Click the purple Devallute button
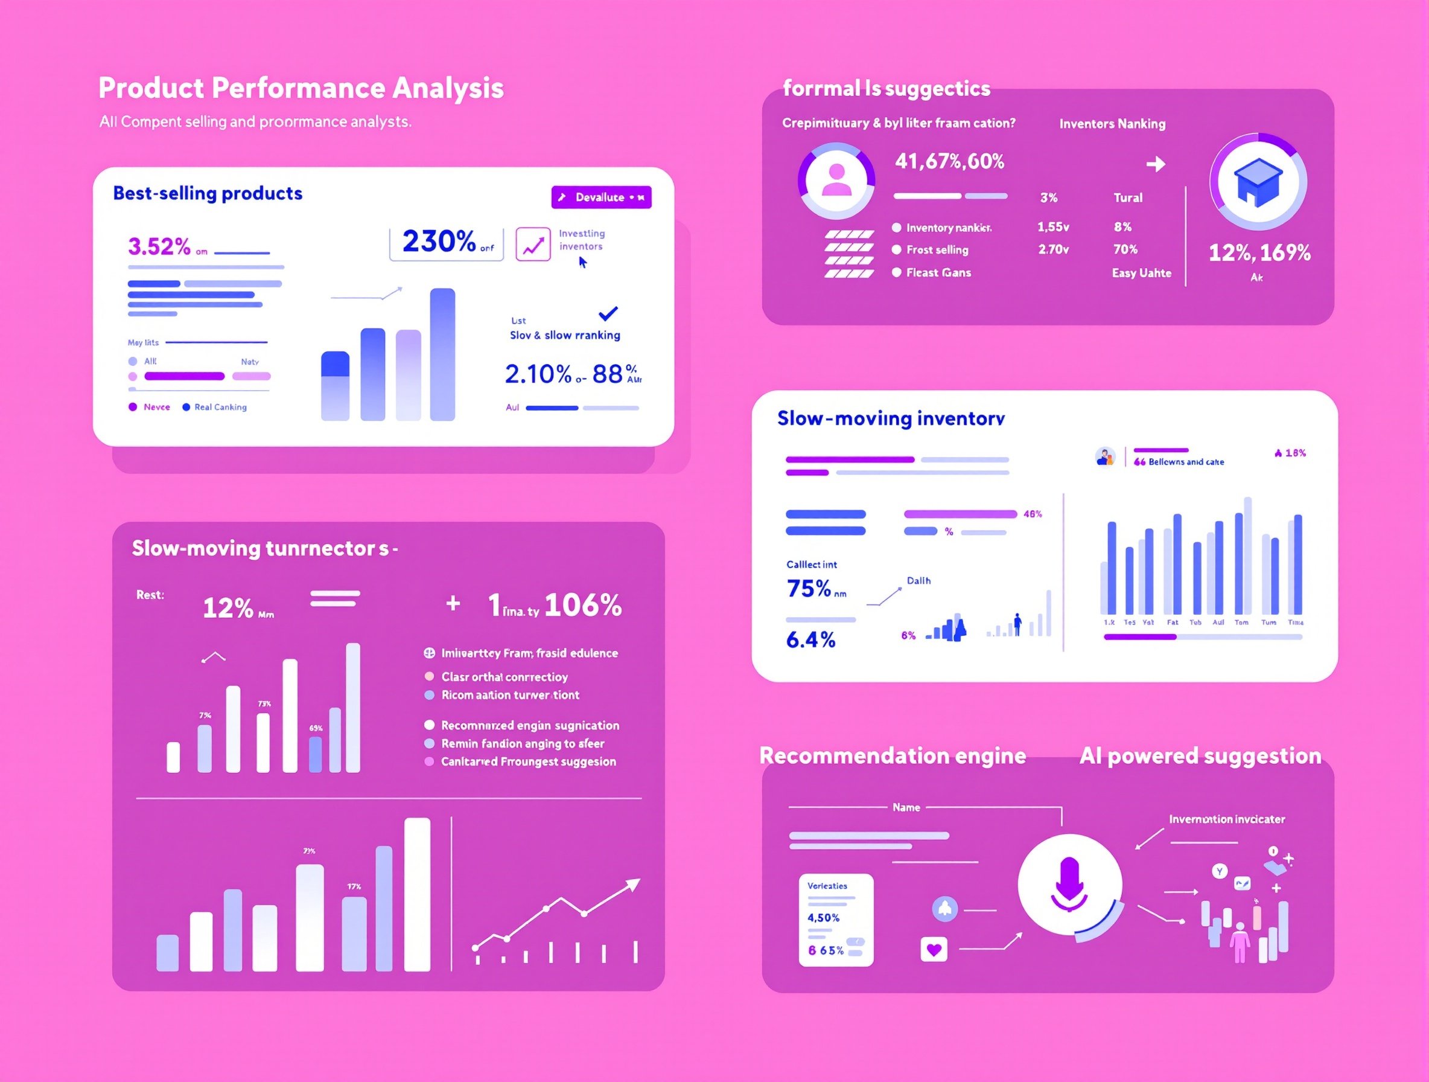[601, 197]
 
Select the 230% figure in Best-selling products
[439, 242]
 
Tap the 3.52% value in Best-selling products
[159, 246]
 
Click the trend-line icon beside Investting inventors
[533, 245]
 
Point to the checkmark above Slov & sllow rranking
[608, 313]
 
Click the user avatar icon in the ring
[836, 181]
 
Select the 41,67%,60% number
[949, 162]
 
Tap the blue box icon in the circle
[1258, 182]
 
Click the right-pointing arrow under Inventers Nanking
[1156, 164]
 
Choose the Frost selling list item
[937, 250]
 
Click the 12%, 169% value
[1259, 253]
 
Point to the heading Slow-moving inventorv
[891, 418]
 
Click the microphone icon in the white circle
[1070, 883]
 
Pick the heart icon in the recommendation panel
[934, 950]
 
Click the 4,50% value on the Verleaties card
[823, 918]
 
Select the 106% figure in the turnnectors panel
[583, 606]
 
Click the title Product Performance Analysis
[301, 88]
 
